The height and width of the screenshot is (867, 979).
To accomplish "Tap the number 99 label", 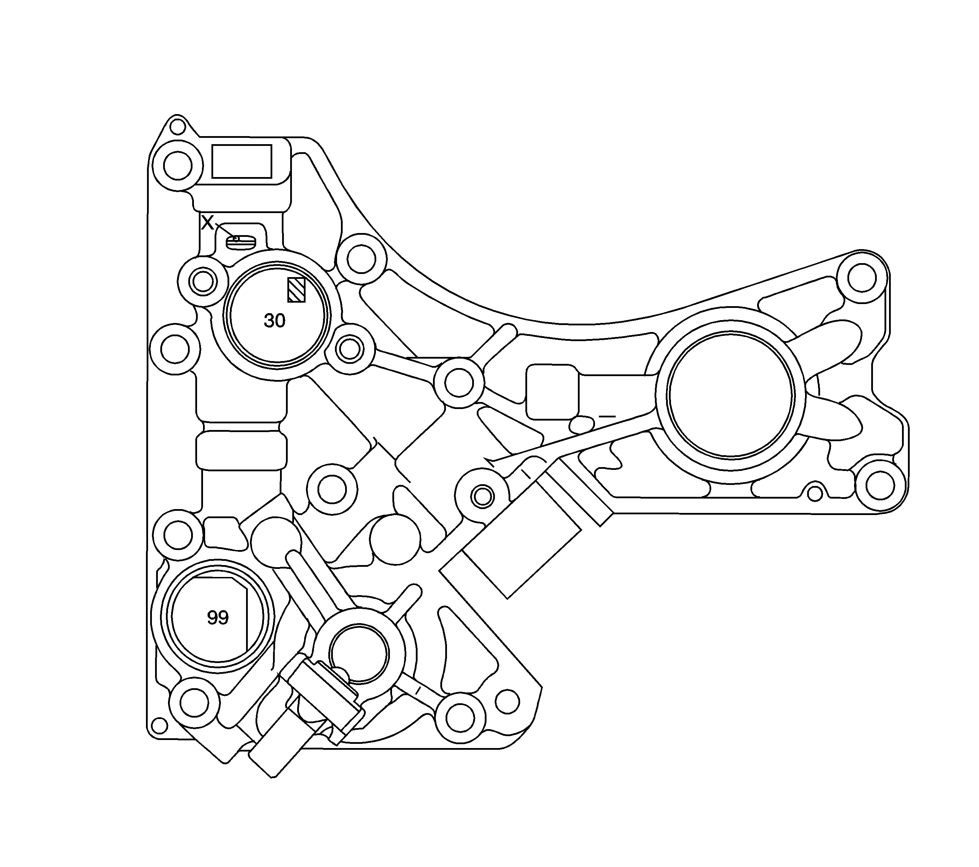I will [x=218, y=618].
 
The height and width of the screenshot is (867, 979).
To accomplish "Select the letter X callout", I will [x=207, y=223].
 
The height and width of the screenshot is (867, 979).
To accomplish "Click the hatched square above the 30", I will [x=296, y=290].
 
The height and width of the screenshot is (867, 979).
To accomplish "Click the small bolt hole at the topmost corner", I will [x=177, y=127].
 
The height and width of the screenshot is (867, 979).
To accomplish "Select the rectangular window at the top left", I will [x=242, y=161].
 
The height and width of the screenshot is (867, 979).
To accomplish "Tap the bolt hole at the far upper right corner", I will [x=862, y=278].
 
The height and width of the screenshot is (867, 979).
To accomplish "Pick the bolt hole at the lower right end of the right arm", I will [x=880, y=485].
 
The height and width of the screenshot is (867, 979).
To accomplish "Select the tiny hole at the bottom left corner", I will [x=159, y=725].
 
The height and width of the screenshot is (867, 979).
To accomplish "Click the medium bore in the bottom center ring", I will [x=358, y=654].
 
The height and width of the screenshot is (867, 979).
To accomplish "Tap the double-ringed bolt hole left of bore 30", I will [x=203, y=282].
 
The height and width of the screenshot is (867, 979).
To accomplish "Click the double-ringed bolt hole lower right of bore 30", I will [x=350, y=349].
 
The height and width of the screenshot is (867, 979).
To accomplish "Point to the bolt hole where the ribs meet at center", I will [x=459, y=382].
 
